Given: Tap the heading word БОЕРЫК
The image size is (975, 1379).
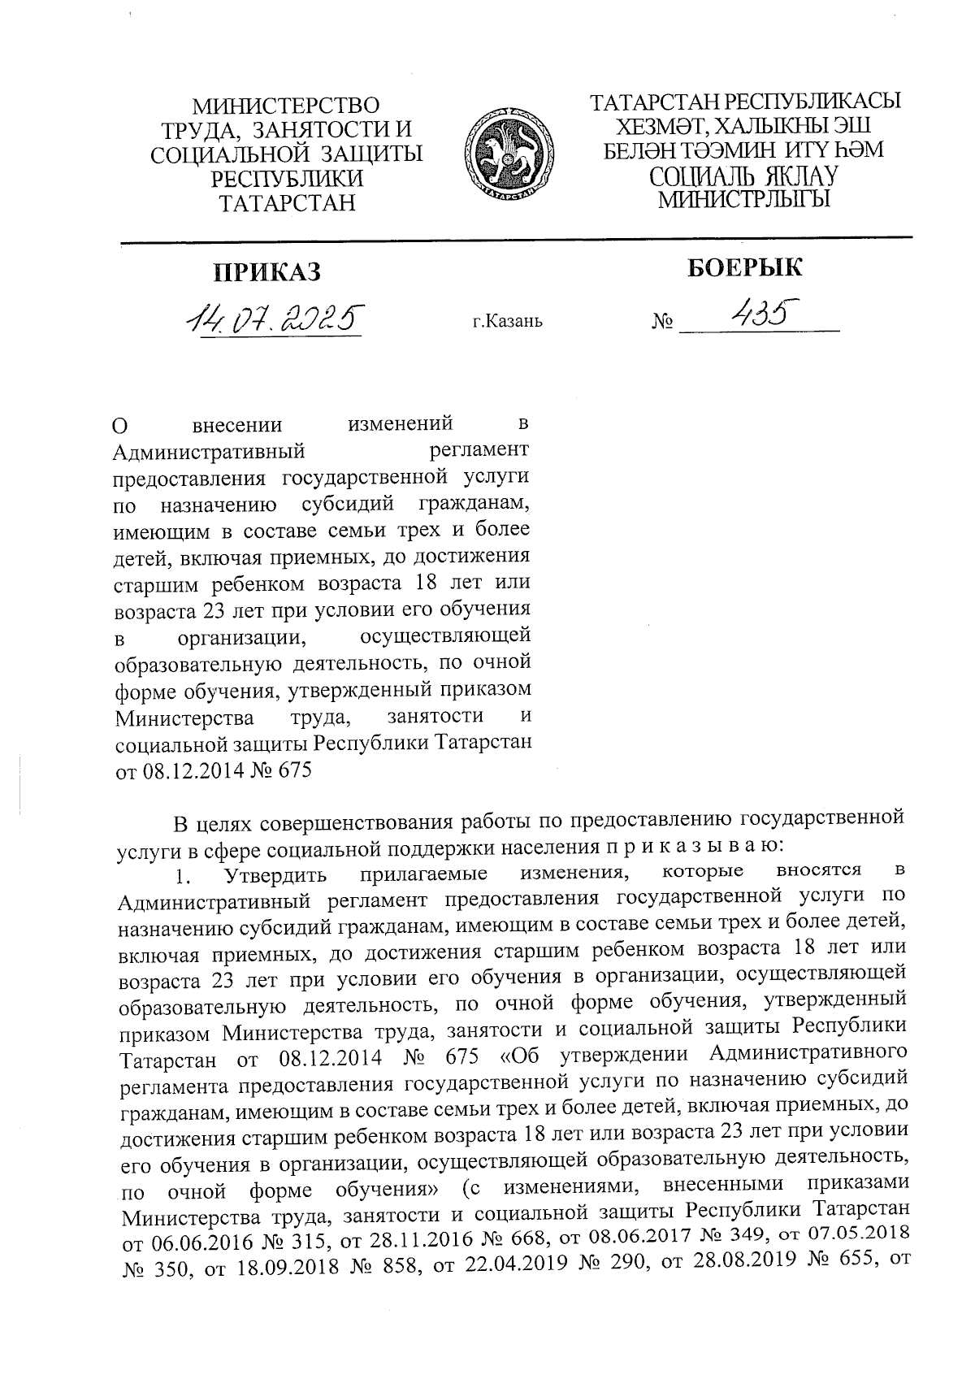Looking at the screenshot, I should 745,267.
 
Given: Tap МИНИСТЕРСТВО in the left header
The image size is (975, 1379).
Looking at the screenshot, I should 286,106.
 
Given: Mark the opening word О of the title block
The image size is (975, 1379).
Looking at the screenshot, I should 120,427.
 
